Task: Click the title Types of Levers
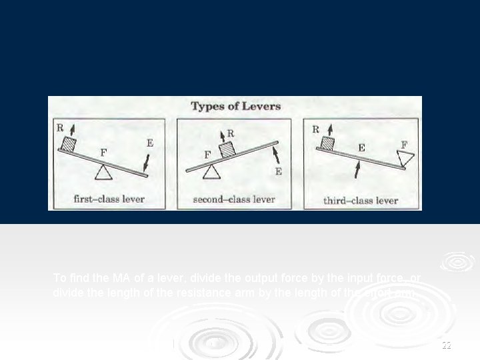click(235, 106)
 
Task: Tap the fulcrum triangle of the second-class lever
click(211, 172)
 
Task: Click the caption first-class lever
click(109, 199)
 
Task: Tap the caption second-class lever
click(233, 199)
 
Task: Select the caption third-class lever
click(360, 200)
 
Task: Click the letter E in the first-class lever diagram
click(150, 143)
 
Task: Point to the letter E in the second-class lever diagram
click(278, 171)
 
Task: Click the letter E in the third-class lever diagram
click(361, 148)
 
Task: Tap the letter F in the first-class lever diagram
click(103, 152)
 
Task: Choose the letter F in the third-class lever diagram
click(404, 144)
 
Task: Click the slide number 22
click(446, 345)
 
